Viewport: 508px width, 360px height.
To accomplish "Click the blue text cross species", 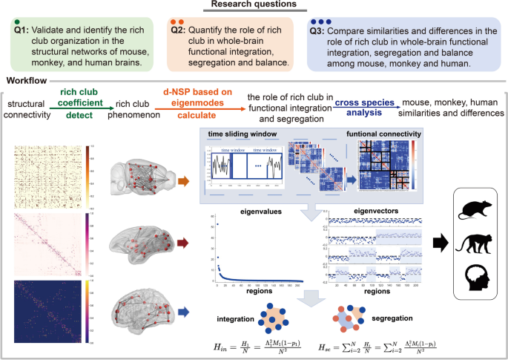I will point(363,104).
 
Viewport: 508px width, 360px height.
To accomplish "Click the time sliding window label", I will point(240,134).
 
